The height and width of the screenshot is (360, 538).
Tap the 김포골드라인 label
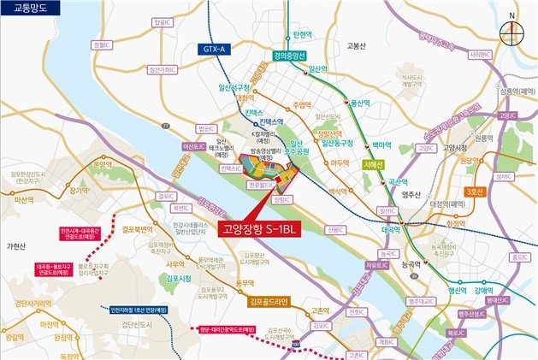point(270,301)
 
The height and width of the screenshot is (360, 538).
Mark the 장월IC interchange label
point(102,44)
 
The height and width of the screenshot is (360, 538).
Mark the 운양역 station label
point(103,162)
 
